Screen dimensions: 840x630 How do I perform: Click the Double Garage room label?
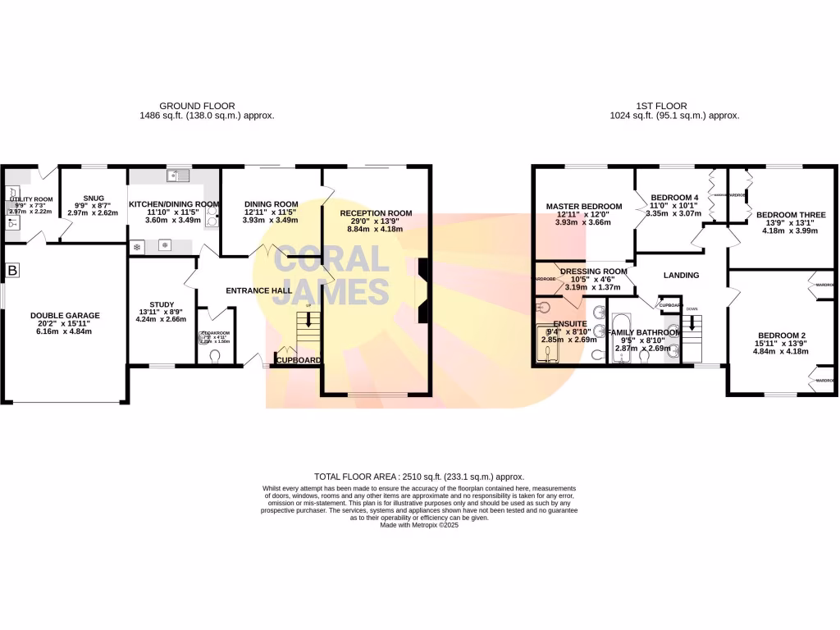(65, 316)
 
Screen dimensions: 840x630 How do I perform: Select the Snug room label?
(93, 198)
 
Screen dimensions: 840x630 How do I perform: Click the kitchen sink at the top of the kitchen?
(177, 175)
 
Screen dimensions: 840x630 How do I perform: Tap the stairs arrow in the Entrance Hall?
(308, 320)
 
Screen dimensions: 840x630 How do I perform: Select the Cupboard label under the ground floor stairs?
(298, 360)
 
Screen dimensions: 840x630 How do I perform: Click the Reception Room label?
(376, 213)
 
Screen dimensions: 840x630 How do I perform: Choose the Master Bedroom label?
(584, 206)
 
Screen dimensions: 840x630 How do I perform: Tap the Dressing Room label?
(593, 272)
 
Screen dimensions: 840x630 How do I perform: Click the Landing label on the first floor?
(681, 276)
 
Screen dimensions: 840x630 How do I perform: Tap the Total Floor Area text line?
(419, 477)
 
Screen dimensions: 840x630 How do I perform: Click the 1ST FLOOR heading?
(661, 106)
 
